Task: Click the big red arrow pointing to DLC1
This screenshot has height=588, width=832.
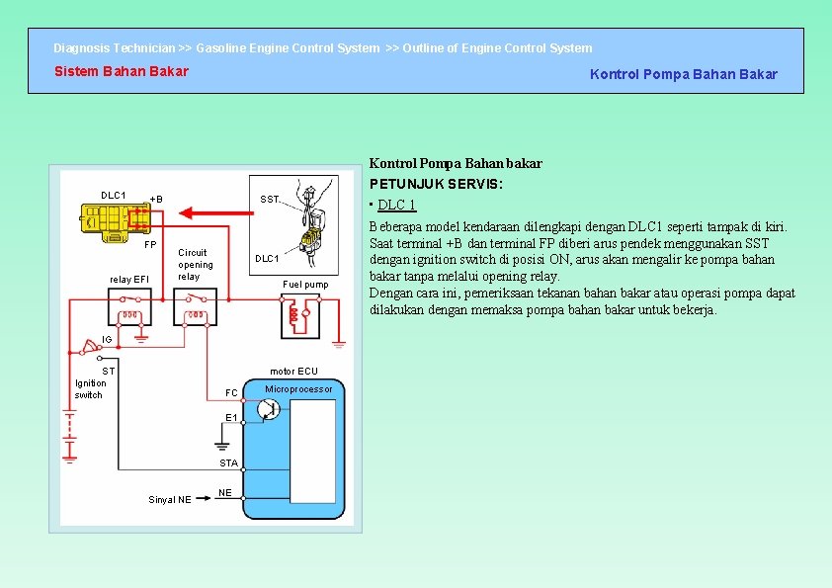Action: tap(202, 211)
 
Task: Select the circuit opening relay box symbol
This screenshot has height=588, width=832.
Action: tap(195, 314)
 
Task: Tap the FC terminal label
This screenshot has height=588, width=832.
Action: tap(231, 393)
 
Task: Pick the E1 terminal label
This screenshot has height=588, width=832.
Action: tap(231, 418)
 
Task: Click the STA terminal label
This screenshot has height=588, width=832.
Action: tap(228, 462)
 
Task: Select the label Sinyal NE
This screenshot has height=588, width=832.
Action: tap(170, 500)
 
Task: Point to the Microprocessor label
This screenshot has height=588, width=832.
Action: tap(299, 389)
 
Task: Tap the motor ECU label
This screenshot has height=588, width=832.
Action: tap(293, 372)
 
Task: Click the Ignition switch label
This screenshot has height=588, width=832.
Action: tap(90, 389)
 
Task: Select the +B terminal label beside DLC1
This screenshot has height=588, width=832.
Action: tap(155, 199)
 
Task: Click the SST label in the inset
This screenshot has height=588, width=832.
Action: tap(269, 200)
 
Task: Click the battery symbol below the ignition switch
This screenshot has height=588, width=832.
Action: tap(70, 436)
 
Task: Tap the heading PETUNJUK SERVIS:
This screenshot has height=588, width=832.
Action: tap(437, 184)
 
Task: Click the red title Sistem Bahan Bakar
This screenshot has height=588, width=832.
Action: tap(121, 71)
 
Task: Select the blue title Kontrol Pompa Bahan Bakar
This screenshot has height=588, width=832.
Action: tap(683, 74)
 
